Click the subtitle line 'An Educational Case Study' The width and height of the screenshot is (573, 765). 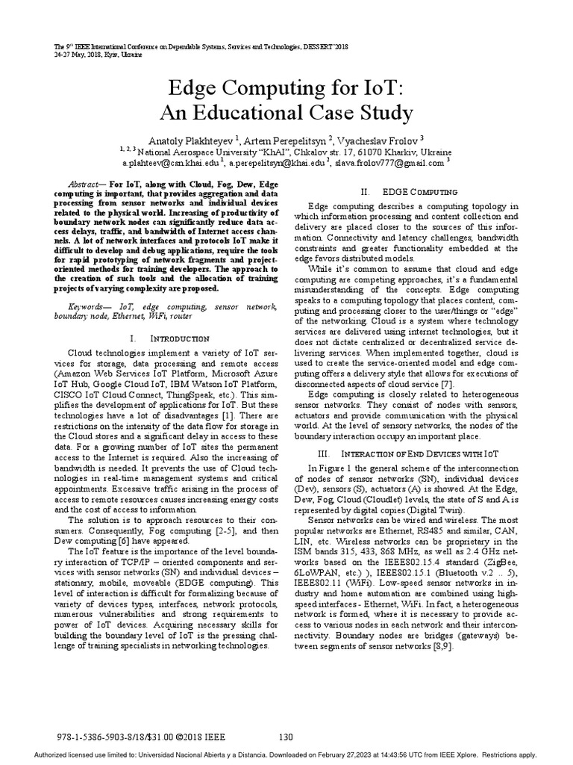pos(286,113)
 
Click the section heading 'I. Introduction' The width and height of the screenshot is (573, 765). pos(163,338)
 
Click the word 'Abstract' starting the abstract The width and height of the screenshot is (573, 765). pos(84,184)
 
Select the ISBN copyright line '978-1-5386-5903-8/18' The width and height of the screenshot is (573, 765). pos(112,736)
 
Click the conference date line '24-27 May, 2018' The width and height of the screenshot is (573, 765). pos(89,55)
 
